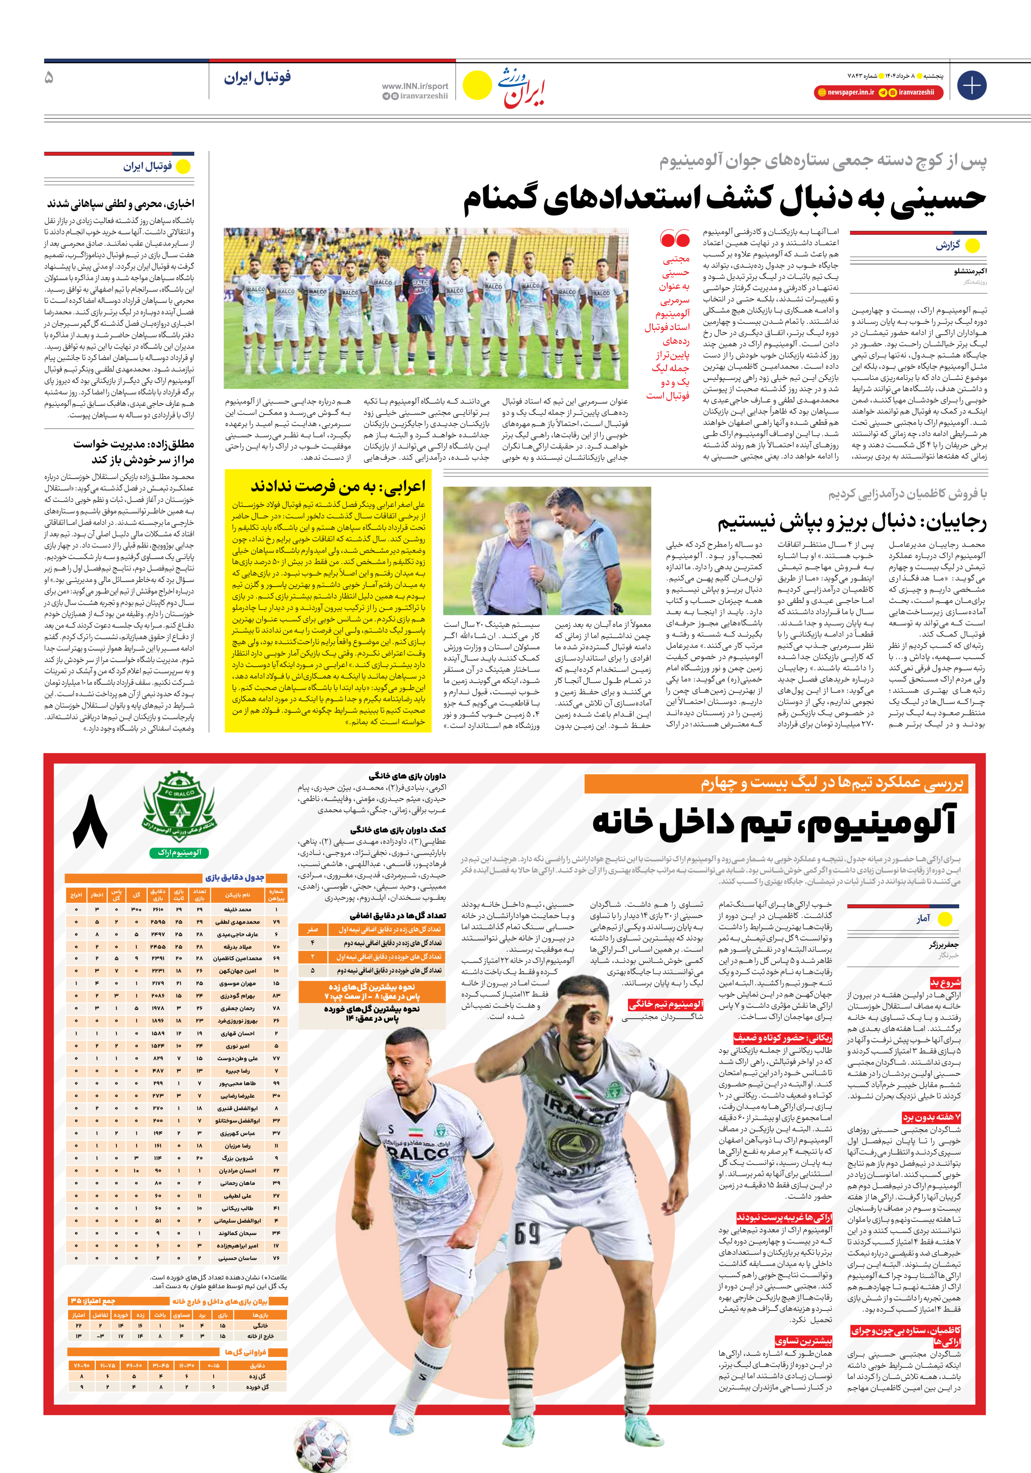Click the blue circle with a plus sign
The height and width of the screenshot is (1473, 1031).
pos(971,85)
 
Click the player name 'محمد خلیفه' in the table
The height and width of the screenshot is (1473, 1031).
pos(238,910)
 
